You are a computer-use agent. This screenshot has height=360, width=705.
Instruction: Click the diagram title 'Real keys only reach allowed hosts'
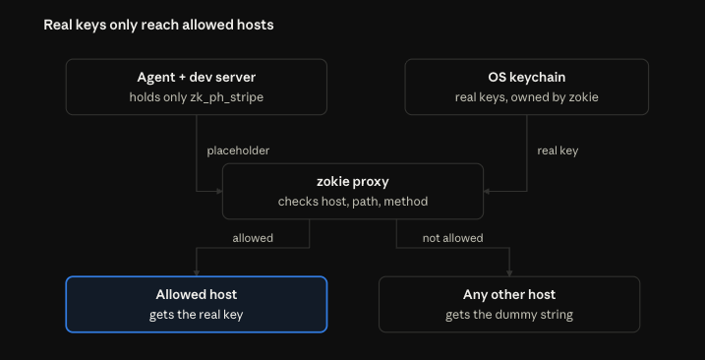click(x=158, y=26)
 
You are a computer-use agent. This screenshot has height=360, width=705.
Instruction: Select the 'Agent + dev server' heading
click(x=197, y=77)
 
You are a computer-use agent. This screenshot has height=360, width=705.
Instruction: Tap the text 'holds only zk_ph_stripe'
click(x=197, y=97)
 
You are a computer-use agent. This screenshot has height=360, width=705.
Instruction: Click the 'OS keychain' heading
click(x=526, y=78)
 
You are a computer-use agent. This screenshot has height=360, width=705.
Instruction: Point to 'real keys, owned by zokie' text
click(x=526, y=97)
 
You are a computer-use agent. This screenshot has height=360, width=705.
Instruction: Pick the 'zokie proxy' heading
click(x=353, y=182)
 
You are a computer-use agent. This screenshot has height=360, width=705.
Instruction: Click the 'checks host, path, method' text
click(x=353, y=202)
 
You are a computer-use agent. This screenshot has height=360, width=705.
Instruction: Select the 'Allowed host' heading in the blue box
click(x=197, y=295)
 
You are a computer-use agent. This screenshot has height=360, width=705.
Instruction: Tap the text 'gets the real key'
click(x=197, y=315)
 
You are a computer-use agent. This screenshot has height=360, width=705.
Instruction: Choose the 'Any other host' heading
click(x=509, y=295)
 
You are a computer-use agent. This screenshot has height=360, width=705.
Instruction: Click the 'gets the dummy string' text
click(x=509, y=315)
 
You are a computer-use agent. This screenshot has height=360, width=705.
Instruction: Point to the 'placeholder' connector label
click(x=238, y=150)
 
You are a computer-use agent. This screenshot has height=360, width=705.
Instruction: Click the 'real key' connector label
click(x=558, y=150)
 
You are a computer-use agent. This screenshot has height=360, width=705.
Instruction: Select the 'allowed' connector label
click(x=253, y=238)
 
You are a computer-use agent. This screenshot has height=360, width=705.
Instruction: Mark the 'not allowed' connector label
click(x=452, y=238)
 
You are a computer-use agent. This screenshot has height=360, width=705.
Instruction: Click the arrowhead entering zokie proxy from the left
click(x=220, y=191)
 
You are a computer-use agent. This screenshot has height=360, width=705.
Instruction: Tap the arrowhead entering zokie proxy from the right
click(x=487, y=191)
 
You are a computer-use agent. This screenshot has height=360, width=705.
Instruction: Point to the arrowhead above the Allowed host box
click(x=197, y=273)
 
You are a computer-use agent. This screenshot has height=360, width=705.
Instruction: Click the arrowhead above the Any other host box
click(x=509, y=273)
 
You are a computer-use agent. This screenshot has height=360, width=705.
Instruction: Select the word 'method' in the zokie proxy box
click(x=405, y=202)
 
